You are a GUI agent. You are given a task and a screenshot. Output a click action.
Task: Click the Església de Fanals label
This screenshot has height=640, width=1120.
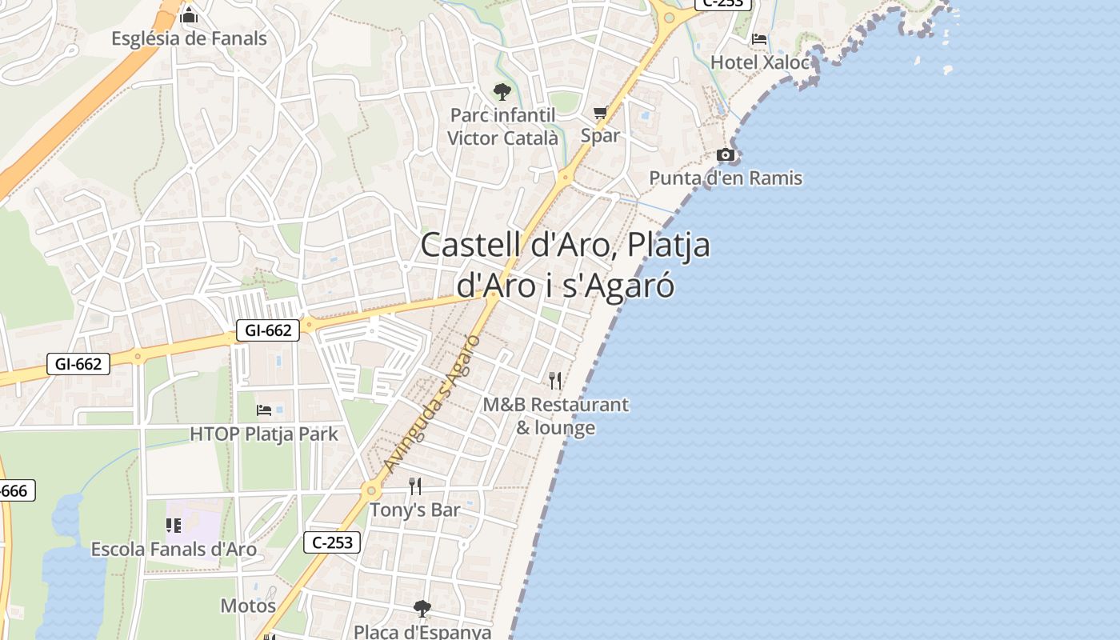tap(189, 38)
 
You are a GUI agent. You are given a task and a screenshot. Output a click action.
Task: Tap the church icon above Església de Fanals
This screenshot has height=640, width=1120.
tap(189, 15)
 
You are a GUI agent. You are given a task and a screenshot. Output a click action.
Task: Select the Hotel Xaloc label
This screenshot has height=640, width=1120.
tap(761, 62)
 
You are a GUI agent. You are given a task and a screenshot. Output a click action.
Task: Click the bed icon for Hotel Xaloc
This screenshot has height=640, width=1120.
tap(760, 38)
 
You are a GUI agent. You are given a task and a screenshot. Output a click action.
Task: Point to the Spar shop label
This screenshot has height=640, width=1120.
tap(600, 135)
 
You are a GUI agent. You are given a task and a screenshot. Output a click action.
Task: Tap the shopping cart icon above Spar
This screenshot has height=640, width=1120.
tap(601, 113)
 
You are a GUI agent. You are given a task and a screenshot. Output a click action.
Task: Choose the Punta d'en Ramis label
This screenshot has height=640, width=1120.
tap(726, 178)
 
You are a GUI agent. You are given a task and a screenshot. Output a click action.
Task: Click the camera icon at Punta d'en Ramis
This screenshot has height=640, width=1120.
tap(726, 154)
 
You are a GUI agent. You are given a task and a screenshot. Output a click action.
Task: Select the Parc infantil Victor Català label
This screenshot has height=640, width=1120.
tap(502, 126)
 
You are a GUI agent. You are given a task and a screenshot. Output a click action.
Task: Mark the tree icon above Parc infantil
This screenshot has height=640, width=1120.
tap(502, 91)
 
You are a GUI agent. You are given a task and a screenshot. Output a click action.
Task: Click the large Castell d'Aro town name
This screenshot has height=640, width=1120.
tap(566, 265)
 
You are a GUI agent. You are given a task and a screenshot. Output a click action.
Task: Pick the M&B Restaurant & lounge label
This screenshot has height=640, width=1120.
tap(556, 416)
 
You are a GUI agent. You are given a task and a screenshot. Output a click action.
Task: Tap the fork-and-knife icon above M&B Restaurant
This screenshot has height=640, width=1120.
tap(556, 381)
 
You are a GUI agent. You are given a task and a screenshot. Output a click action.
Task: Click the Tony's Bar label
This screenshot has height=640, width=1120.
tap(415, 510)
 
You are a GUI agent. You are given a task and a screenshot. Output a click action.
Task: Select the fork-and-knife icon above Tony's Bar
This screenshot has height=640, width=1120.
tap(415, 486)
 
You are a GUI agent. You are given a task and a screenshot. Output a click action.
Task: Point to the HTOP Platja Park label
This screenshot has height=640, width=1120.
tap(264, 434)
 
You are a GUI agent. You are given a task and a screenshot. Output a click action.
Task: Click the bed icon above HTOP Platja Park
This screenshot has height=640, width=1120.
tap(264, 410)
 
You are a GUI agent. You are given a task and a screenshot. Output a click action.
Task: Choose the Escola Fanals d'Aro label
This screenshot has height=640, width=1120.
tap(174, 550)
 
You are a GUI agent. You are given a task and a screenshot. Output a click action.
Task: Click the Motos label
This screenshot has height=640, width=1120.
tap(248, 606)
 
